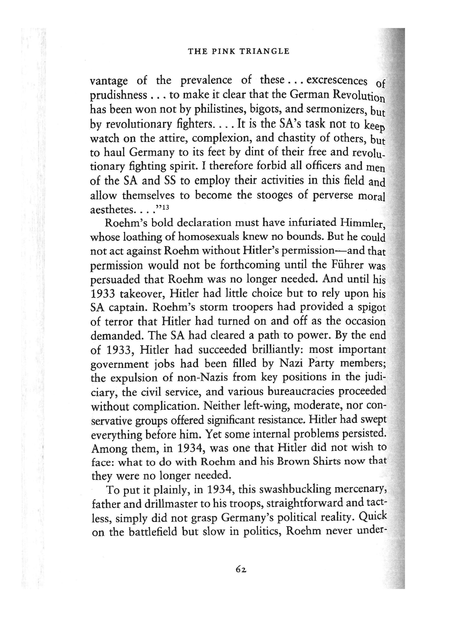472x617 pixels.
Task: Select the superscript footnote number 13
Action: (166, 207)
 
